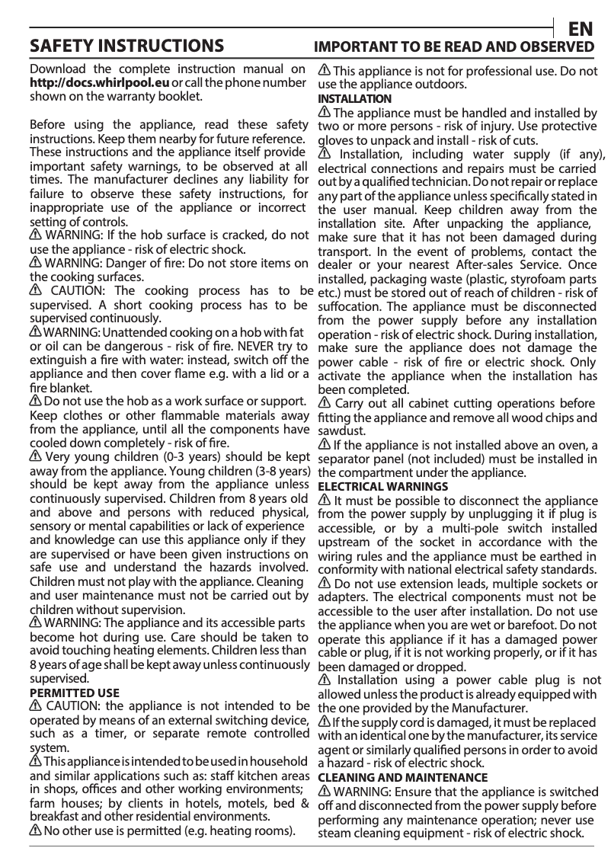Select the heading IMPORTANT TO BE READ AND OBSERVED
[x=455, y=47]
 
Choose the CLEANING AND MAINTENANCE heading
[x=402, y=778]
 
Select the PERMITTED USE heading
[x=74, y=693]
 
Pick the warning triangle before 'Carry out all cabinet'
[x=324, y=403]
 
